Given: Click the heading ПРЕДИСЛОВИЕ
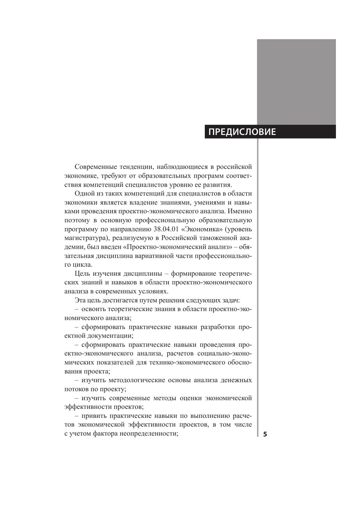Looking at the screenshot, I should [242, 132].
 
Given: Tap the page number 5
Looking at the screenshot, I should [265, 434].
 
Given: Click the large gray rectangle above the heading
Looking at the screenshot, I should [296, 82].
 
